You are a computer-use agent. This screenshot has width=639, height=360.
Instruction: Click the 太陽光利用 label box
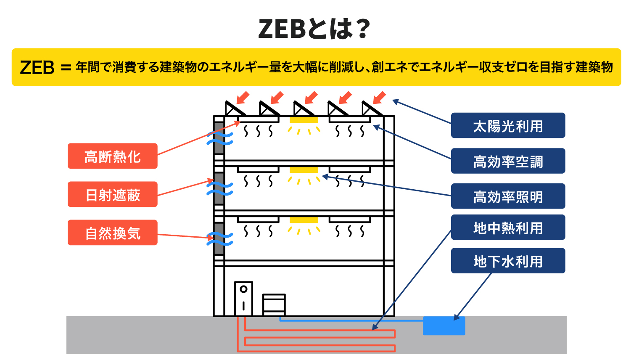coord(508,125)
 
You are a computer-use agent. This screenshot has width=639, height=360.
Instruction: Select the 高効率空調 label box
coord(508,161)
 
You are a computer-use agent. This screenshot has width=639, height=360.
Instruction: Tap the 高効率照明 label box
coord(508,196)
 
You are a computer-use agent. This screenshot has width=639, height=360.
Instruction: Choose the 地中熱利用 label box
coord(508,227)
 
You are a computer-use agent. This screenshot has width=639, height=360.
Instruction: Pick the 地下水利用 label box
coord(508,261)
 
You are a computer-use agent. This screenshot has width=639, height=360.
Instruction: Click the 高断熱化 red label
coord(112,156)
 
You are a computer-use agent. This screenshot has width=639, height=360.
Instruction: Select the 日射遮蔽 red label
coord(112,194)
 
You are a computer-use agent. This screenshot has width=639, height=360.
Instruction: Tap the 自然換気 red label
coord(112,233)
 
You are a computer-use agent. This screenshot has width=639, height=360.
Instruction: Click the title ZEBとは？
coord(314,29)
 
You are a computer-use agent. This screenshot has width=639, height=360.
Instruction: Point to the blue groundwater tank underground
coord(444,326)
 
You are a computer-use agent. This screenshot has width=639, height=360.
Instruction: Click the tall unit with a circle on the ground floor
coord(244,299)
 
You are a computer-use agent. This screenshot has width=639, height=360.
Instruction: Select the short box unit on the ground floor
coord(274,305)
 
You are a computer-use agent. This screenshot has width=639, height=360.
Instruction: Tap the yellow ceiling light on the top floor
coord(304,120)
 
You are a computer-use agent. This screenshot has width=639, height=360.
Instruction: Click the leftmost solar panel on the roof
coord(235,109)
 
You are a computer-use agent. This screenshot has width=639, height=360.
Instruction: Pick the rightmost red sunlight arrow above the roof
coord(379,98)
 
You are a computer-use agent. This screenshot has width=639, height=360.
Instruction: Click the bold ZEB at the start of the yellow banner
coord(37,68)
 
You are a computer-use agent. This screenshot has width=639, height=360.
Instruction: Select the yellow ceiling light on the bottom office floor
coord(304,220)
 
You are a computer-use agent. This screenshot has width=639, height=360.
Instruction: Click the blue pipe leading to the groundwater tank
coord(351,320)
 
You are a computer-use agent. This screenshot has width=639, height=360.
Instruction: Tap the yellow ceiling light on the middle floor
coord(304,170)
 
